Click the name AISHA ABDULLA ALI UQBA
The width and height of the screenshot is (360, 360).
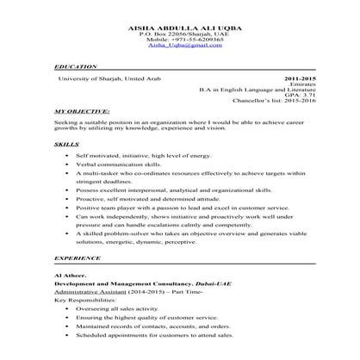click(x=179, y=25)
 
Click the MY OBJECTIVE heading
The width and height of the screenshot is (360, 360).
click(x=82, y=112)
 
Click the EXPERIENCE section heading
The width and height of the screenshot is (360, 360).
click(x=77, y=257)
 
